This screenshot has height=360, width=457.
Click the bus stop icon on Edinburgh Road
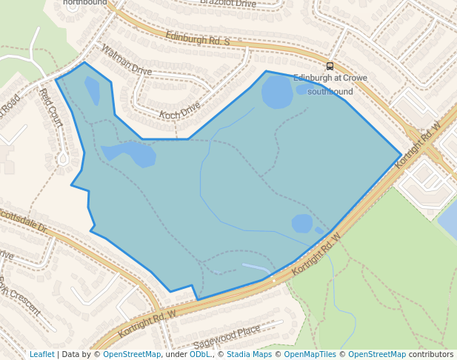[330, 66]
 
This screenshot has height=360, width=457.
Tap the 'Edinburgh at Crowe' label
[330, 78]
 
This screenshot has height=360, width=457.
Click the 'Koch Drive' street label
[180, 110]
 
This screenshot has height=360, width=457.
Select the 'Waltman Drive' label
[126, 61]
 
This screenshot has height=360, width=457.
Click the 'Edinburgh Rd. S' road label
[197, 37]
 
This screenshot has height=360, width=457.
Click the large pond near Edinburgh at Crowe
[278, 92]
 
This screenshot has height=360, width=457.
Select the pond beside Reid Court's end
[130, 153]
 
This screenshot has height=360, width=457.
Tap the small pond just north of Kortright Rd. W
[301, 222]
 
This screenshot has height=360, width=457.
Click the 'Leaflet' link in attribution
[41, 354]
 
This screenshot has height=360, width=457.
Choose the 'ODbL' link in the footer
[200, 354]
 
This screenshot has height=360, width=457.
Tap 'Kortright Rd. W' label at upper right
[418, 144]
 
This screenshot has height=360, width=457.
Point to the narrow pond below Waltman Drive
[92, 91]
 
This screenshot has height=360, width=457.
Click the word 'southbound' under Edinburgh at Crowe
[330, 91]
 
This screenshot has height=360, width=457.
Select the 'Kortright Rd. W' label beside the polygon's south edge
[316, 254]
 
